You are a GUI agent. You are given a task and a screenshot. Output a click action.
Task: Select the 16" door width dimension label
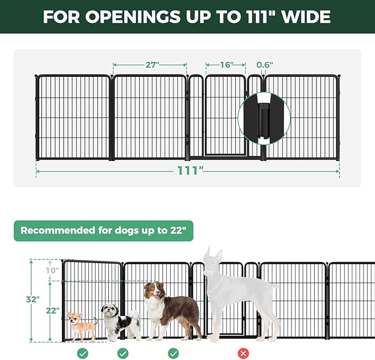point(225,65)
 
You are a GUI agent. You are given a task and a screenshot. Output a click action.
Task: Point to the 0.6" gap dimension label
point(265,65)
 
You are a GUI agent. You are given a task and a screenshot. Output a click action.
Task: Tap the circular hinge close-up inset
point(264,117)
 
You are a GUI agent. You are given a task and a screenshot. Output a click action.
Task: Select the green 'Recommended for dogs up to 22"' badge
point(103,231)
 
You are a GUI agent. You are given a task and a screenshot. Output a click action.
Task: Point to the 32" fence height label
point(33,300)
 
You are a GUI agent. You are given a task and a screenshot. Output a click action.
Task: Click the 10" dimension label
point(52,270)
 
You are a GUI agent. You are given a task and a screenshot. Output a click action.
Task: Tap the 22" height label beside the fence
point(52,311)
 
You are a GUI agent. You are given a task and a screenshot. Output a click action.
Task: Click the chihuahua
point(81,326)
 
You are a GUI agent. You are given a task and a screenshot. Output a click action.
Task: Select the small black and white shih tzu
point(119,322)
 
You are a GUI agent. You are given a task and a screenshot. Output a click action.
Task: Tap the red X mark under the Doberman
point(243,353)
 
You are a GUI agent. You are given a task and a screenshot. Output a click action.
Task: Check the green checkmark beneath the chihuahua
point(83,353)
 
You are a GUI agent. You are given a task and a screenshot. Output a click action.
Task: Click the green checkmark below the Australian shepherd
point(173,353)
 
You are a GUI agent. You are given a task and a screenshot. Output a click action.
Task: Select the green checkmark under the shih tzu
point(123,353)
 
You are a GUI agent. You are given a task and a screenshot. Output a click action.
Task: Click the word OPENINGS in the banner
point(126,17)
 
